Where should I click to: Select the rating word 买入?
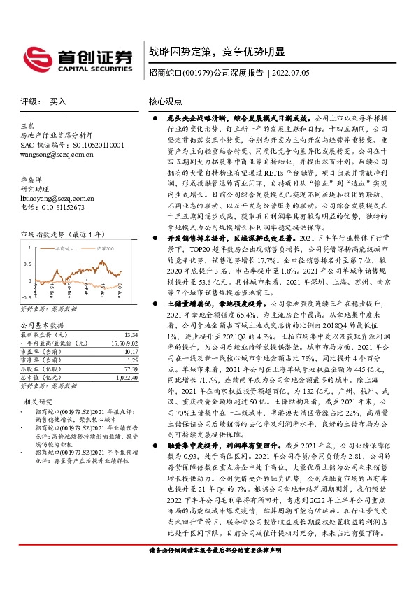pos(58,102)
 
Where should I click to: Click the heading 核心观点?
pos(166,102)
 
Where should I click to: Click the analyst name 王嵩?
pos(29,125)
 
